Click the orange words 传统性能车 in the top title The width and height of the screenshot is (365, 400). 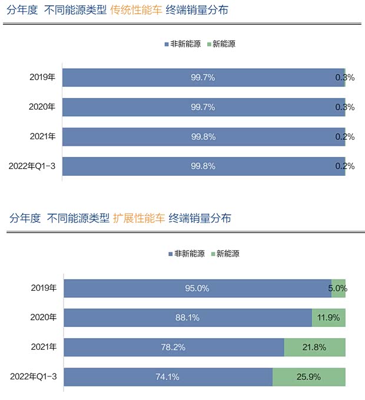[x=135, y=10]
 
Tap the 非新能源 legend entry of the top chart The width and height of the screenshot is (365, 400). [x=183, y=44]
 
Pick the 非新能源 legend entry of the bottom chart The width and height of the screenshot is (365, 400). [x=187, y=254]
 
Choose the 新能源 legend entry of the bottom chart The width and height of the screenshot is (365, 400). [x=225, y=254]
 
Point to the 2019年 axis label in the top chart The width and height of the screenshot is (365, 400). [x=42, y=77]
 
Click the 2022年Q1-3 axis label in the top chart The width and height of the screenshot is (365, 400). [x=32, y=166]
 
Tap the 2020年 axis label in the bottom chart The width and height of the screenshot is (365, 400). [x=44, y=317]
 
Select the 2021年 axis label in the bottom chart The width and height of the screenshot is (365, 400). [x=44, y=347]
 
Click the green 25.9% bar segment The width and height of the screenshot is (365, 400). [x=309, y=377]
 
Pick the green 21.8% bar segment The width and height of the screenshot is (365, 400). [x=314, y=347]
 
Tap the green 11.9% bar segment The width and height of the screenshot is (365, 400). [x=328, y=317]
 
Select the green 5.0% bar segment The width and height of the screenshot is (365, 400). [x=339, y=288]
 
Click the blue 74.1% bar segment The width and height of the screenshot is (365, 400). [x=168, y=377]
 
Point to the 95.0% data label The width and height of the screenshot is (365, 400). [x=197, y=288]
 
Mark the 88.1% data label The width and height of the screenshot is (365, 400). [x=187, y=317]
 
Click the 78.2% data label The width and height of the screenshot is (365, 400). [x=173, y=347]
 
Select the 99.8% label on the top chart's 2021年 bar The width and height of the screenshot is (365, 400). [x=203, y=137]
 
